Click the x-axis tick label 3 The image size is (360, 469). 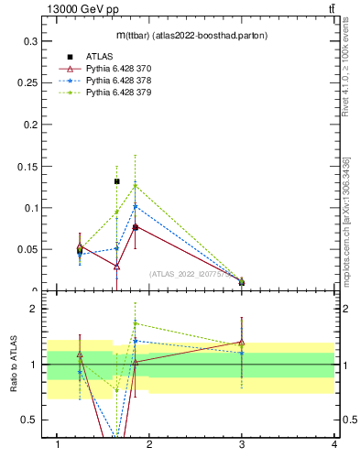point(242,444)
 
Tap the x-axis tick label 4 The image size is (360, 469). point(334,444)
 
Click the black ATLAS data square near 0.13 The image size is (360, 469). point(116,181)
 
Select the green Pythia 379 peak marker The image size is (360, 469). point(136,186)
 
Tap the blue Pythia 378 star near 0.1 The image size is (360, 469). point(136,206)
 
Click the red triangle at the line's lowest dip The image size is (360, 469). point(116,267)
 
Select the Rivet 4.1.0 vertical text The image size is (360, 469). point(346,73)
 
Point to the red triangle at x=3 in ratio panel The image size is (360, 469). point(242,343)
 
